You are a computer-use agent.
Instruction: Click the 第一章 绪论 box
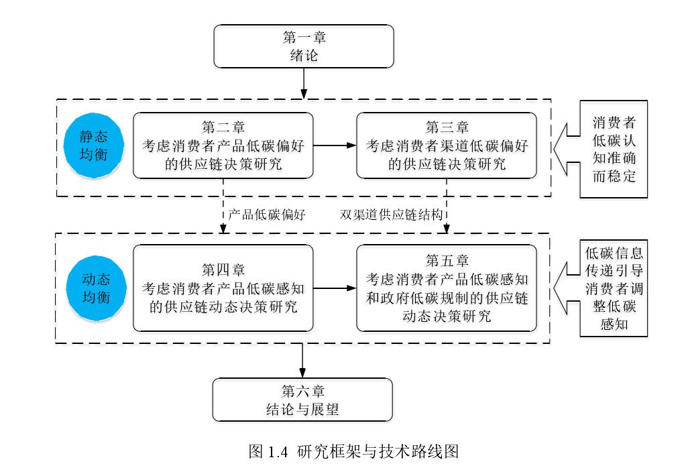tap(303, 46)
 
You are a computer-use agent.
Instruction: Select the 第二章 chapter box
tap(223, 145)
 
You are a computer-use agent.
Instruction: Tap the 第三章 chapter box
tap(447, 145)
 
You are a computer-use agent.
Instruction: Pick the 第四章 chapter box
tap(223, 288)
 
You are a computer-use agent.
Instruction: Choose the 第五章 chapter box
tap(447, 288)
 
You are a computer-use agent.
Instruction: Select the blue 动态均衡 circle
tap(96, 288)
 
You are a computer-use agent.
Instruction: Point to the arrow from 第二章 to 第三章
tap(334, 145)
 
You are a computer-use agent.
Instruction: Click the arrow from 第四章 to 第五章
tap(334, 288)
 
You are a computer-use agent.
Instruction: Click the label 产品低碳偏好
tap(267, 215)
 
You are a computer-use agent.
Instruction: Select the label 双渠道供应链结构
tap(390, 215)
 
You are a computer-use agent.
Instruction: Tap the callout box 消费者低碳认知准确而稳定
tap(614, 150)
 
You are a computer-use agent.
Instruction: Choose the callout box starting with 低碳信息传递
tap(614, 289)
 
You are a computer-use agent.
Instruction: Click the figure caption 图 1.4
tap(353, 451)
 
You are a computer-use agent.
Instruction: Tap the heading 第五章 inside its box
tap(447, 260)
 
